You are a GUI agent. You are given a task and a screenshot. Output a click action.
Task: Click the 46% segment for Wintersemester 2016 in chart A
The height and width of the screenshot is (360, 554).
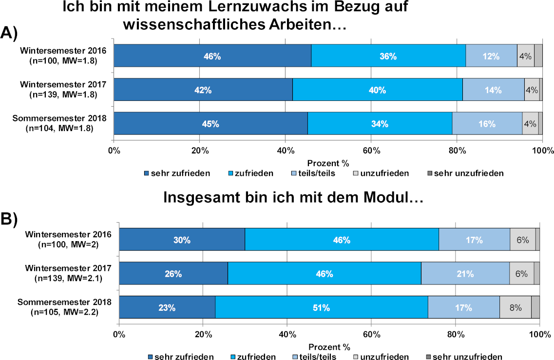click(212, 56)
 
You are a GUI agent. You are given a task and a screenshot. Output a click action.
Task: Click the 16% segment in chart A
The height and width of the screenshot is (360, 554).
click(487, 123)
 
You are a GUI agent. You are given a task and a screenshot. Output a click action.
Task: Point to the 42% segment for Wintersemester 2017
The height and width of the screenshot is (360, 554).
click(203, 90)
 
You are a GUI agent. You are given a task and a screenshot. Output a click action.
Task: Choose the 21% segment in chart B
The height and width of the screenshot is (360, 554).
click(465, 274)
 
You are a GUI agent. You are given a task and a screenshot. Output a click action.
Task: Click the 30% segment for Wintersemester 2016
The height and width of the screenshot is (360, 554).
click(182, 240)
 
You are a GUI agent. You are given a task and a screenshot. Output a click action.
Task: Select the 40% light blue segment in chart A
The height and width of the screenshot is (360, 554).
click(378, 90)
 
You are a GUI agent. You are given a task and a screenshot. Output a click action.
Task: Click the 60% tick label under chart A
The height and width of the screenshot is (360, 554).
click(371, 151)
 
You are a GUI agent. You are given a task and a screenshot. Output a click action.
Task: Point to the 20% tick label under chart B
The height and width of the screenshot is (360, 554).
click(203, 335)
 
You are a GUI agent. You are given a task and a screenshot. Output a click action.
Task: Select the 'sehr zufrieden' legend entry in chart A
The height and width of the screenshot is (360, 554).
click(177, 173)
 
